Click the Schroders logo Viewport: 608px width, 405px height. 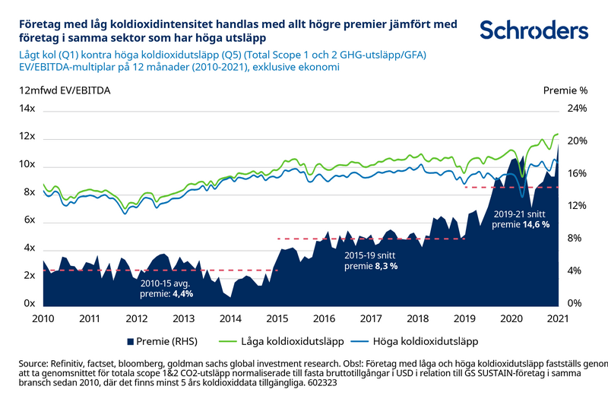click(534, 30)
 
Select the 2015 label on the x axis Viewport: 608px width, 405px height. click(277, 318)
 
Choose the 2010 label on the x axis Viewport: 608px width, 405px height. click(43, 318)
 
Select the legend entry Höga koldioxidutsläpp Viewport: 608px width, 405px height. click(426, 341)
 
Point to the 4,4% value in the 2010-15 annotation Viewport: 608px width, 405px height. click(182, 293)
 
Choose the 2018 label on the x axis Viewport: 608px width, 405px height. click(417, 318)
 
